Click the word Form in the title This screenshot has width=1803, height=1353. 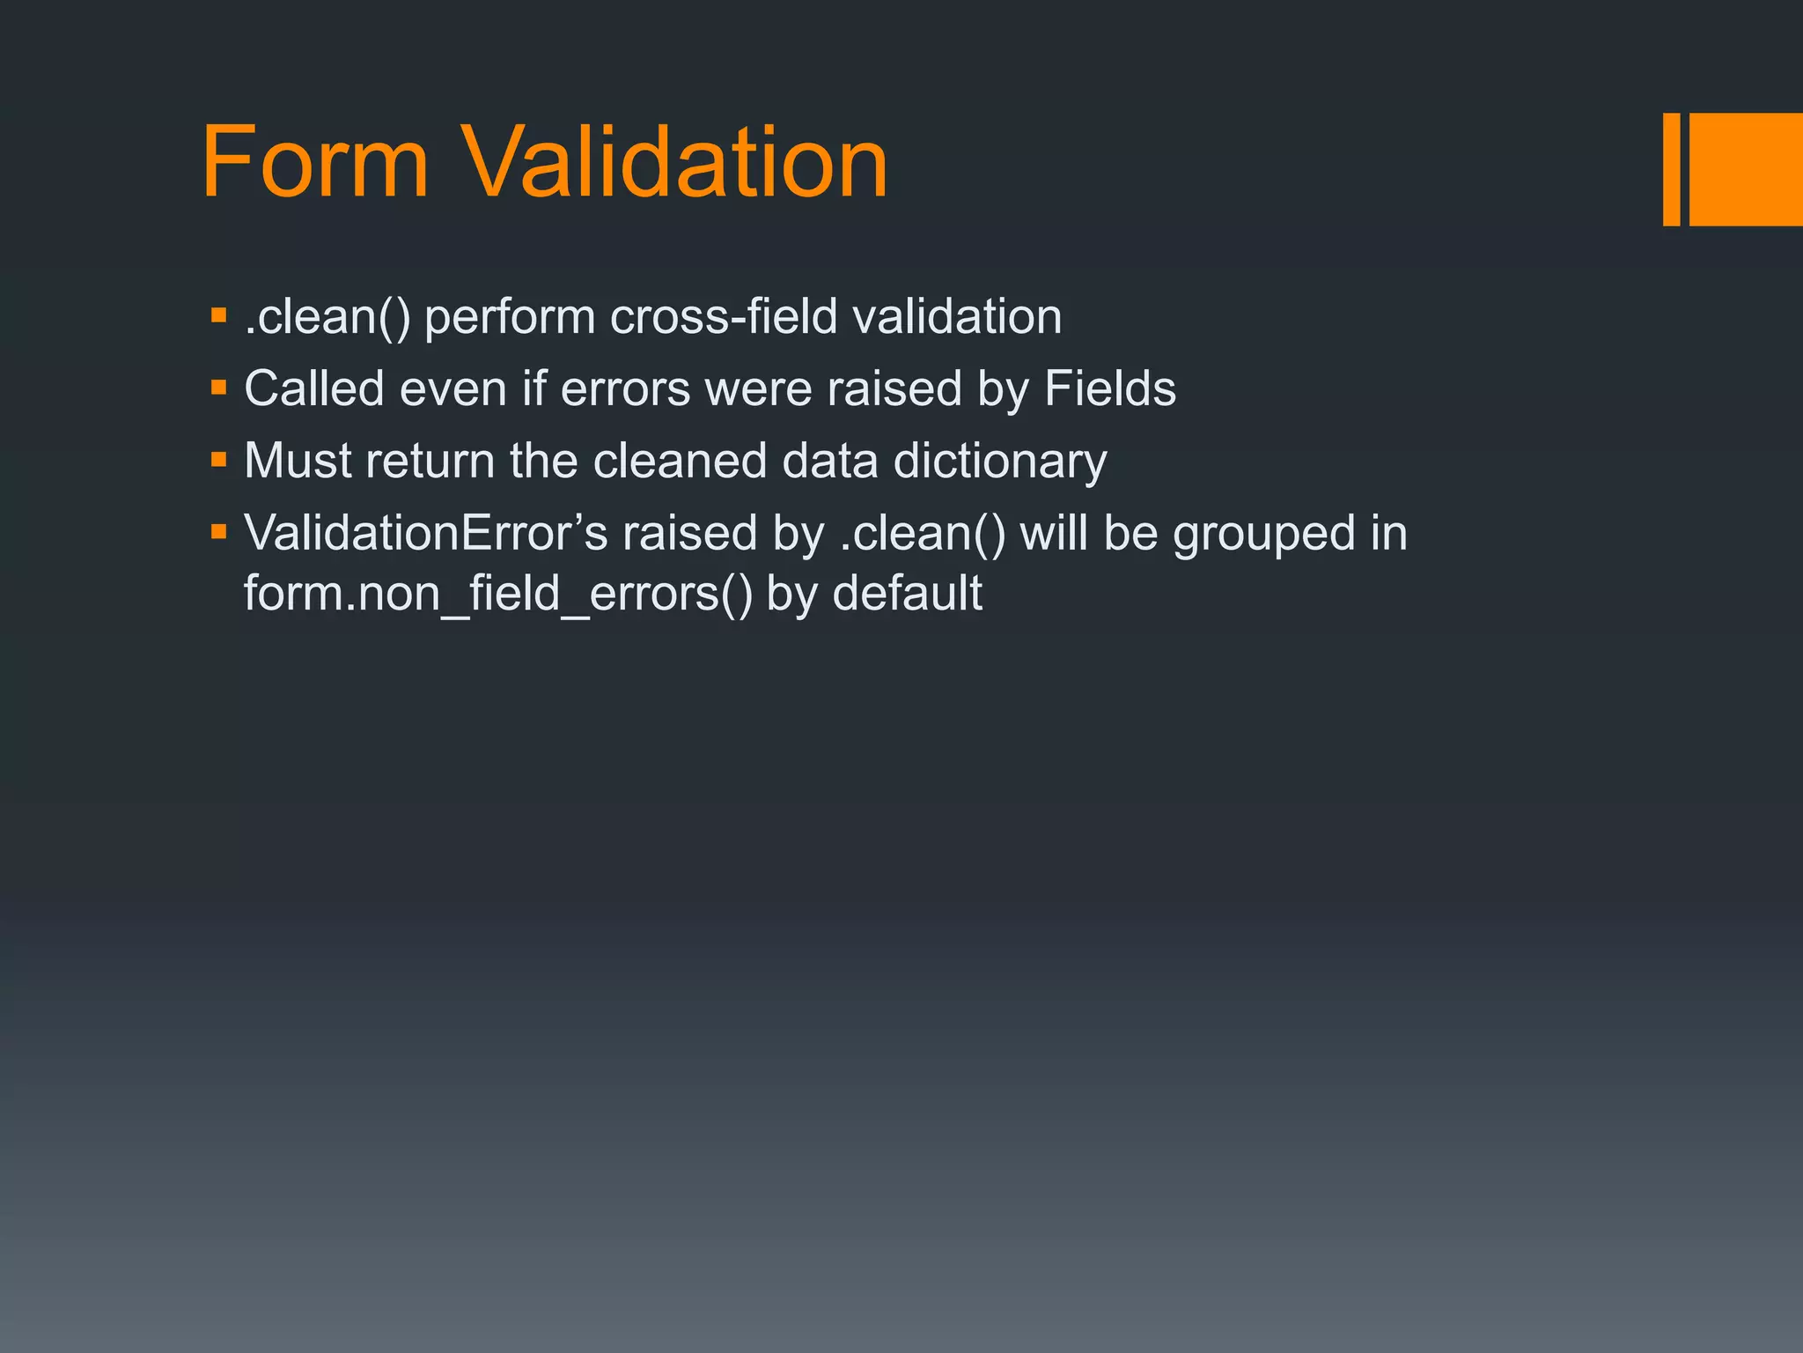point(315,163)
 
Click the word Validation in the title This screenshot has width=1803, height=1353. point(674,163)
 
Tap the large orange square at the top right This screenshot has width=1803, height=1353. point(1746,169)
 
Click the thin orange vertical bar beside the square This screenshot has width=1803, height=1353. point(1671,169)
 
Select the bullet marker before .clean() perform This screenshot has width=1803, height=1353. point(219,314)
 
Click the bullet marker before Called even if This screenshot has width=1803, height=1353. point(219,387)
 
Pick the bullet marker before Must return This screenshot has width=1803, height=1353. point(219,459)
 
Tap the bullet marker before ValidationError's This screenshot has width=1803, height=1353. point(219,531)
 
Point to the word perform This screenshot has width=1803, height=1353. point(510,318)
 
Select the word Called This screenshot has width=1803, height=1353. point(314,388)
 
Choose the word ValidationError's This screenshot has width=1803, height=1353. point(426,533)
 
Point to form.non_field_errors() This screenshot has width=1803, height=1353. point(498,594)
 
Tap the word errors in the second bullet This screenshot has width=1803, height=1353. point(625,389)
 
